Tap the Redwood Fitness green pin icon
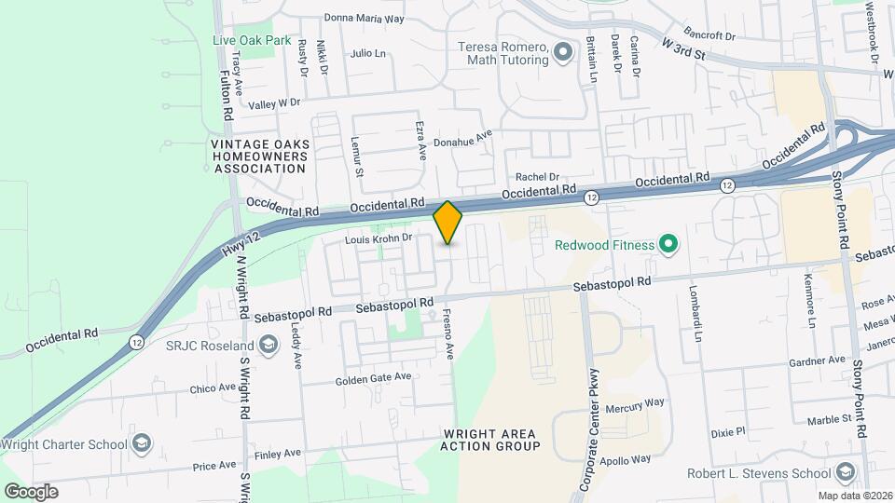[668, 246]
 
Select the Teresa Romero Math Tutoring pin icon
[562, 53]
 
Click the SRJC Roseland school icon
[268, 347]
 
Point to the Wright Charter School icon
[142, 442]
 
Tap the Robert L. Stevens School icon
[846, 472]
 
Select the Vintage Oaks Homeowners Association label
[258, 156]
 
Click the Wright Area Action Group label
[490, 441]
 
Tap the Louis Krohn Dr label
[379, 239]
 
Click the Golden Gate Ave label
[373, 377]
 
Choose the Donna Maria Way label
[364, 18]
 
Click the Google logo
[31, 491]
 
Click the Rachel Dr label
[536, 177]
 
